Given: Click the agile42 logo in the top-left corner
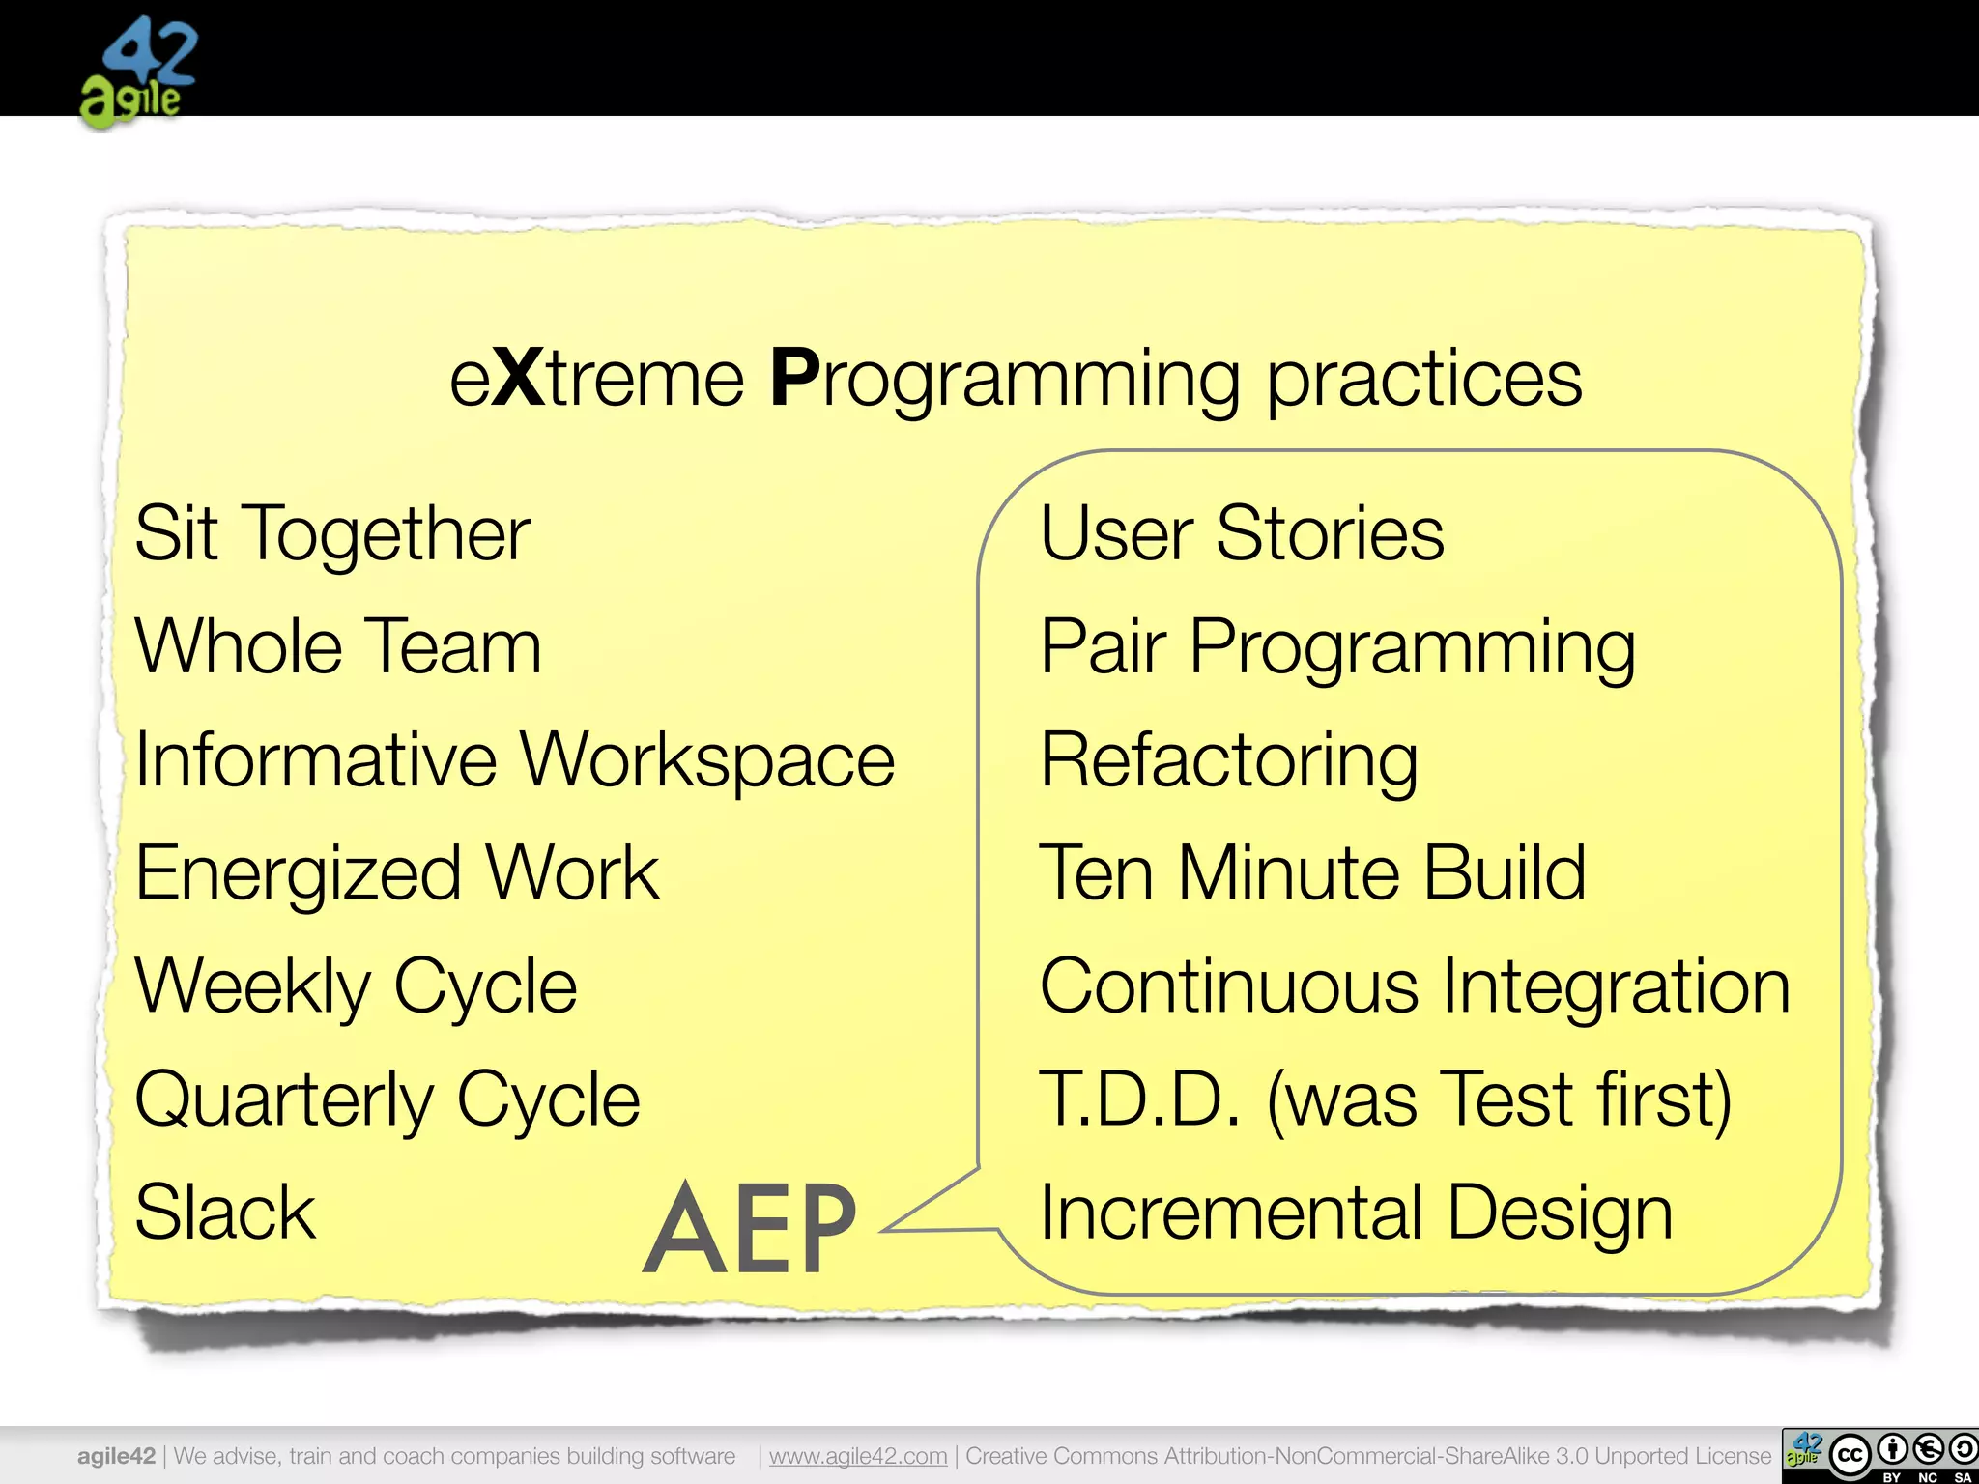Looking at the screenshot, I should [x=138, y=72].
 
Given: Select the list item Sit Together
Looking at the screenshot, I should [x=332, y=534].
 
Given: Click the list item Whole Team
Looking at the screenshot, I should [x=338, y=646].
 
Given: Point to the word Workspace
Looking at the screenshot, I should [x=708, y=761].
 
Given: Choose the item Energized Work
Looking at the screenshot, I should [x=396, y=873].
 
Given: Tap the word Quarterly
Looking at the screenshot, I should [x=285, y=1100].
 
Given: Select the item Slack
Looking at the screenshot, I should [x=225, y=1213].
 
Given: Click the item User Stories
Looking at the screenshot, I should [x=1242, y=533].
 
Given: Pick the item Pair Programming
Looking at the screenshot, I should [x=1337, y=648].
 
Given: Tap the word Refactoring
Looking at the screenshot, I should [x=1229, y=761].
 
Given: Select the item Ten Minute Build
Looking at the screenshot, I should [x=1312, y=873].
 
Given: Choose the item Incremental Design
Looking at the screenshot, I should [x=1356, y=1213].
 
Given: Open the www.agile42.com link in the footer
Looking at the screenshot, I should [x=858, y=1456].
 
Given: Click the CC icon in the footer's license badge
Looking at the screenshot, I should [x=1850, y=1455].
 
